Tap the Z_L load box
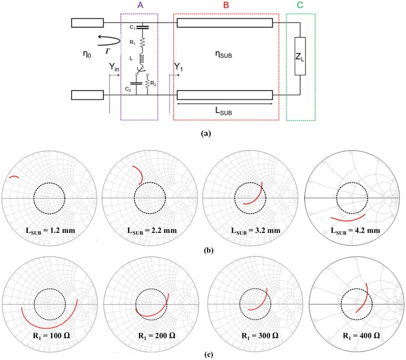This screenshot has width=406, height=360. tap(301, 57)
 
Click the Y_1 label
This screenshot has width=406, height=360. tap(180, 66)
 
